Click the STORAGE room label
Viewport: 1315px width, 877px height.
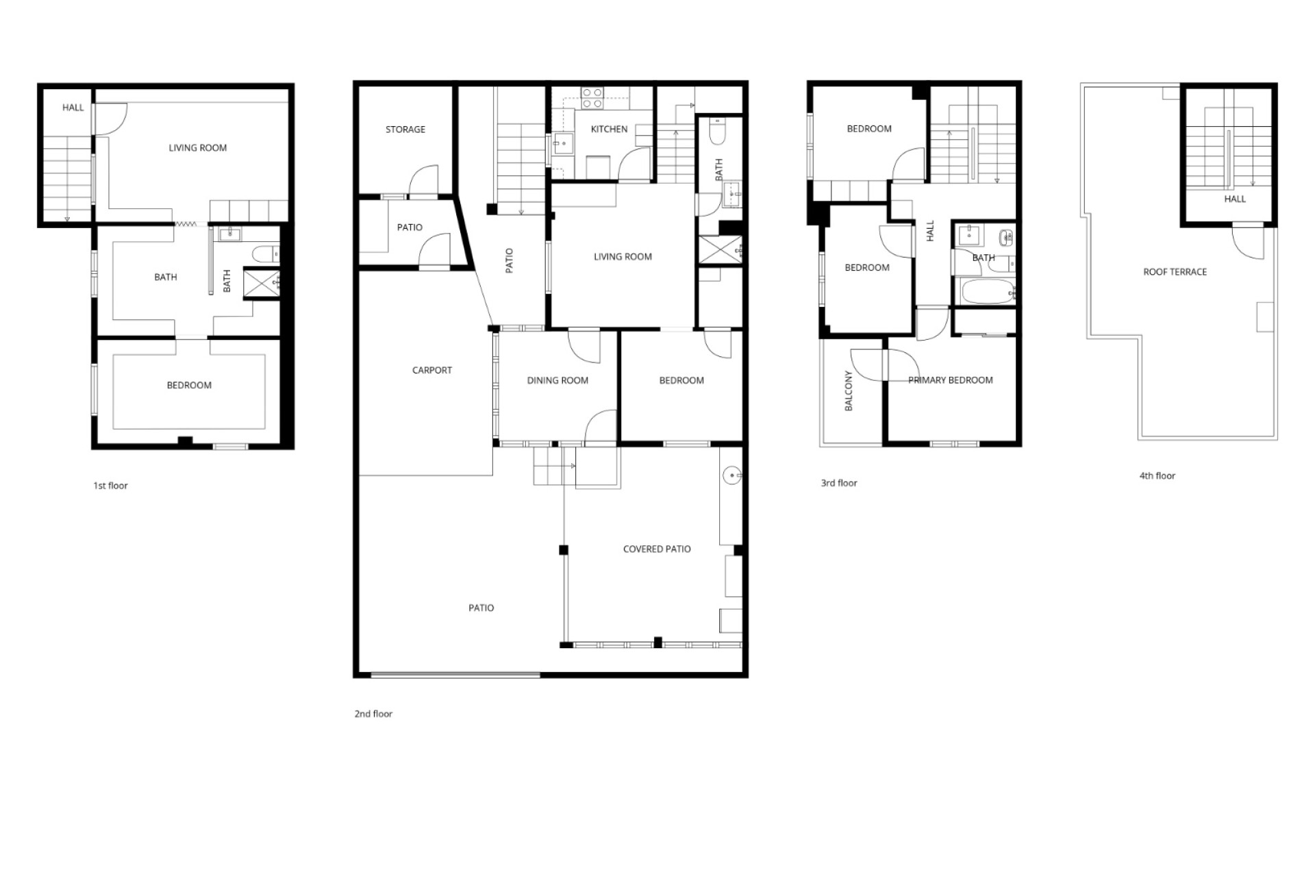tap(405, 129)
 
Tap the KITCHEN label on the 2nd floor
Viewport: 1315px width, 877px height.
tap(609, 129)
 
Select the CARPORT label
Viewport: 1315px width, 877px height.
tap(432, 371)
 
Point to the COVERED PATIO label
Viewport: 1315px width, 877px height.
tap(657, 549)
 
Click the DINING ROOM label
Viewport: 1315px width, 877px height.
tap(558, 381)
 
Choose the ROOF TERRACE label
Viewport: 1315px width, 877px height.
tap(1175, 272)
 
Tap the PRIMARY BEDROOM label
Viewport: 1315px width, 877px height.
tap(951, 380)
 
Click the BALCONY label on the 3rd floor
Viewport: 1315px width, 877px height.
tap(849, 391)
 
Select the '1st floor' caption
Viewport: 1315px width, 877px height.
tap(111, 486)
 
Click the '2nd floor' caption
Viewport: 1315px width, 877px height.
tap(373, 714)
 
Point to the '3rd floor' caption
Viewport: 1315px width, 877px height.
tap(839, 483)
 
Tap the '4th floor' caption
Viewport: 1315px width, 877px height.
tap(1157, 475)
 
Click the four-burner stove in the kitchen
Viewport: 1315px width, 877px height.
tap(592, 98)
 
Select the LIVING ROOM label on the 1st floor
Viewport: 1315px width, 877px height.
tap(198, 148)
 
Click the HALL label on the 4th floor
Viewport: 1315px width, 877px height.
tap(1235, 199)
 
